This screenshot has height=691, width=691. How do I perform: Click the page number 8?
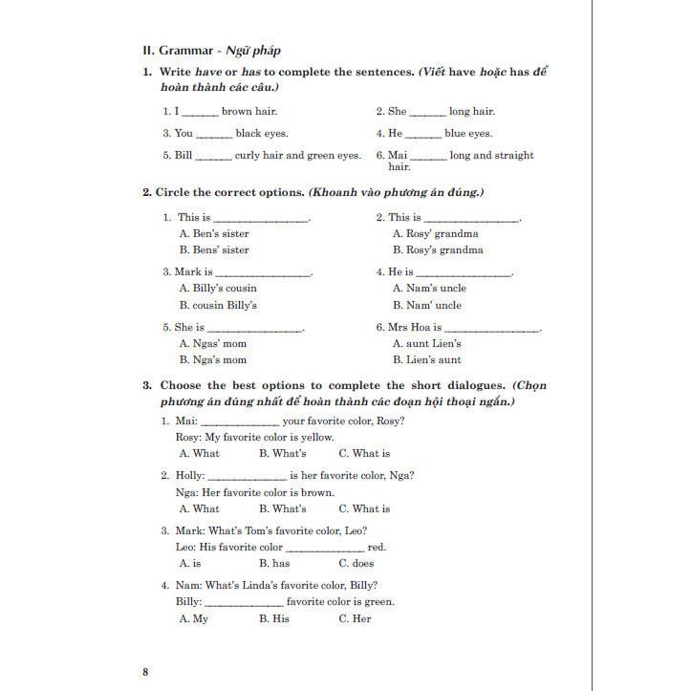[x=145, y=672]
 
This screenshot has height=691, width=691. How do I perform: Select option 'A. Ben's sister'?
[x=214, y=233]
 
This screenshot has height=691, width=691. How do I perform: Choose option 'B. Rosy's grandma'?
[x=438, y=250]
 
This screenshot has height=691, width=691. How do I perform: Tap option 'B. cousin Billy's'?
[x=218, y=306]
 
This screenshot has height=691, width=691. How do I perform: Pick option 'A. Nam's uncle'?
[x=429, y=289]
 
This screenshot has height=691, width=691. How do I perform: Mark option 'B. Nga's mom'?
[x=212, y=360]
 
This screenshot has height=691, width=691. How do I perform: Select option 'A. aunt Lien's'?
[x=426, y=344]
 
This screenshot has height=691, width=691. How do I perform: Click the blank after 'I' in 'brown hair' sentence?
[x=200, y=113]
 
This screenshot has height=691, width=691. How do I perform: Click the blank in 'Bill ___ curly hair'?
[x=213, y=157]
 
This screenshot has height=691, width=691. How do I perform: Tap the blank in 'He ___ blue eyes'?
[x=423, y=135]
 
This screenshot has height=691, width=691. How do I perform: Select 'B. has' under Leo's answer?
[x=274, y=564]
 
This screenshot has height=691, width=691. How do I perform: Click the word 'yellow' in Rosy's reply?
[x=317, y=438]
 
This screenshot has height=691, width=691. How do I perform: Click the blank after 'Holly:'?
[x=247, y=477]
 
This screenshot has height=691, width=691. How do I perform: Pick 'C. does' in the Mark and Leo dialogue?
[x=356, y=564]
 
